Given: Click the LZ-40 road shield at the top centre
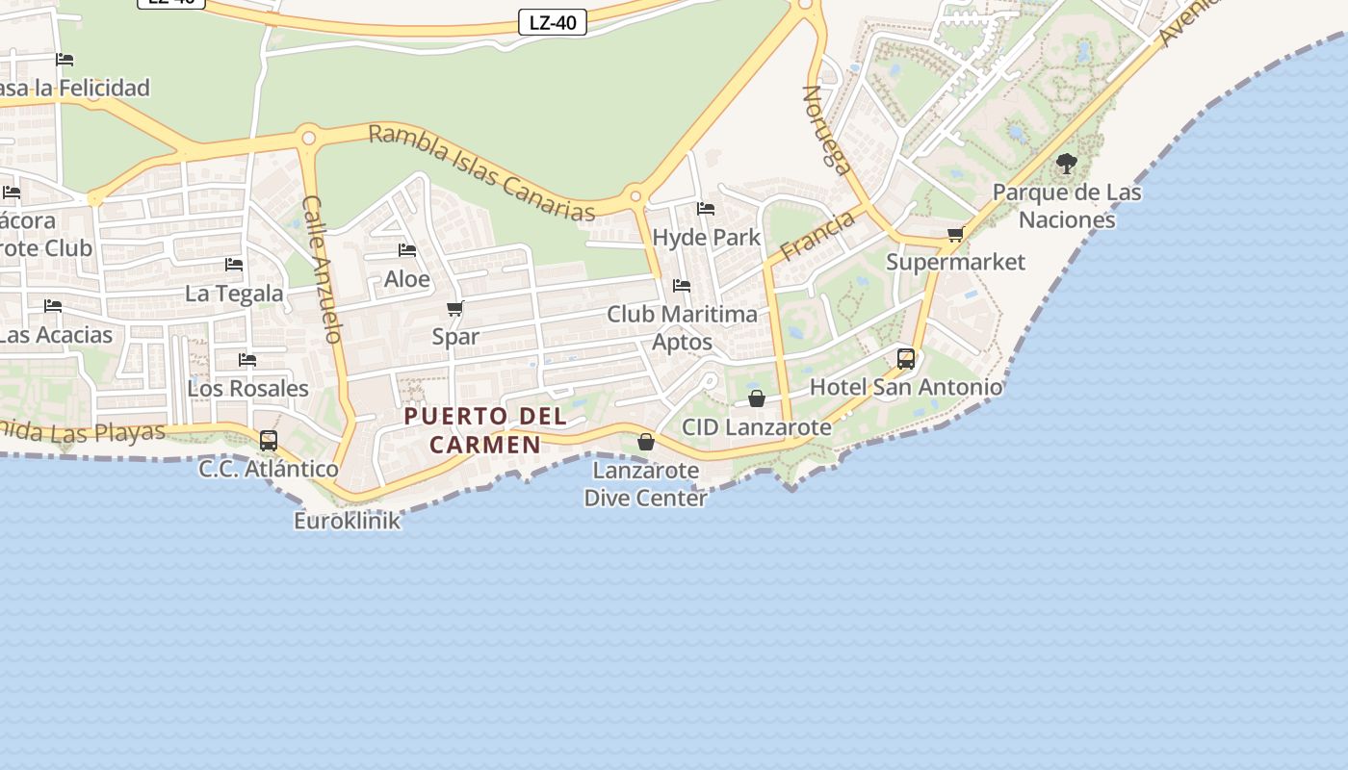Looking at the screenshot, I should point(553,22).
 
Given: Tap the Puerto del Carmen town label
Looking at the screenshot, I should point(485,430).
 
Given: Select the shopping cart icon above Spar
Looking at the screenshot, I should point(455,309).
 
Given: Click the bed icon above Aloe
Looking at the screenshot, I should point(407,250).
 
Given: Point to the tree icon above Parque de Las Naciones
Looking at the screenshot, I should point(1066,164).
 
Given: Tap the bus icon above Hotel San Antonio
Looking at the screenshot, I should point(906,359).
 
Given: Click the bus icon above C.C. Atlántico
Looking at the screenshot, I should point(269,441).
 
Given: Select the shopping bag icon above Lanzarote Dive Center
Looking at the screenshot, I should point(646,442).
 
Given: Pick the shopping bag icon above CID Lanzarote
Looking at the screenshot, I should point(757,398).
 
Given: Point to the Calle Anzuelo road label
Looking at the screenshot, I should point(323,269).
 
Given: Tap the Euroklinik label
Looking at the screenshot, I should point(347,521).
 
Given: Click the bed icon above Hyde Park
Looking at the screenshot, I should point(706,209).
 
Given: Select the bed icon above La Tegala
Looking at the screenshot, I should point(234,265).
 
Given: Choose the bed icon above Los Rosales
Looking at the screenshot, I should point(247,360).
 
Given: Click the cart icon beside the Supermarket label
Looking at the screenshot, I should point(955,235).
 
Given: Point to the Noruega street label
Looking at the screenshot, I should point(827,131).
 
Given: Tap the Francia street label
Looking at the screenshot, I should point(817,236).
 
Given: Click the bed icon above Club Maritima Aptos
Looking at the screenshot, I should point(682,286).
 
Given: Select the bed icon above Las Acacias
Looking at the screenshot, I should point(53,306).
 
